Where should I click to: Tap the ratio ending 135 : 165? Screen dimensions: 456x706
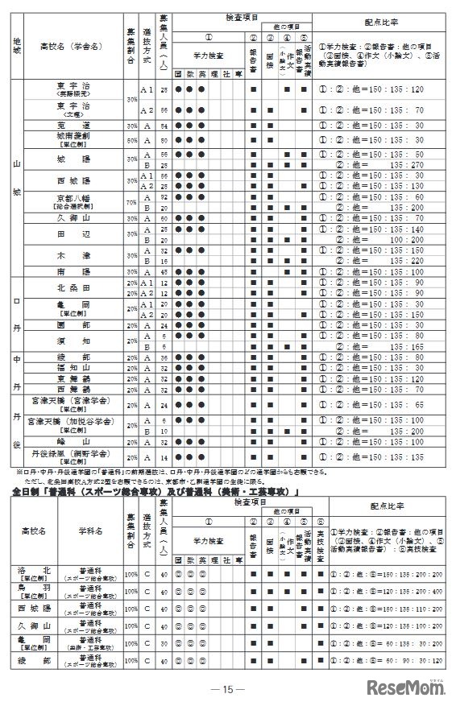[371, 345]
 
